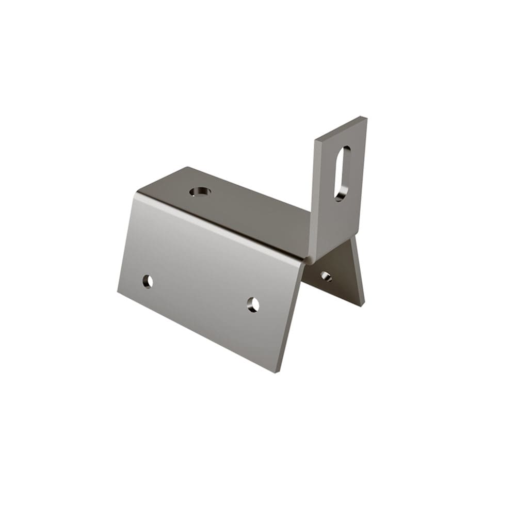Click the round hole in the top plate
pyautogui.click(x=200, y=192)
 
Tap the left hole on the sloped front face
pyautogui.click(x=148, y=281)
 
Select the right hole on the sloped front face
pyautogui.click(x=253, y=304)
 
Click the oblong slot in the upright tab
pyautogui.click(x=342, y=173)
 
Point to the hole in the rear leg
pyautogui.click(x=326, y=276)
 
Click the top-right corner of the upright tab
pyautogui.click(x=366, y=118)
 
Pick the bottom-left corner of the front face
pyautogui.click(x=118, y=293)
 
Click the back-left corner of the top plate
pyautogui.click(x=187, y=168)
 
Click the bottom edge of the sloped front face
pyautogui.click(x=196, y=332)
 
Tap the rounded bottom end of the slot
pyautogui.click(x=339, y=197)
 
